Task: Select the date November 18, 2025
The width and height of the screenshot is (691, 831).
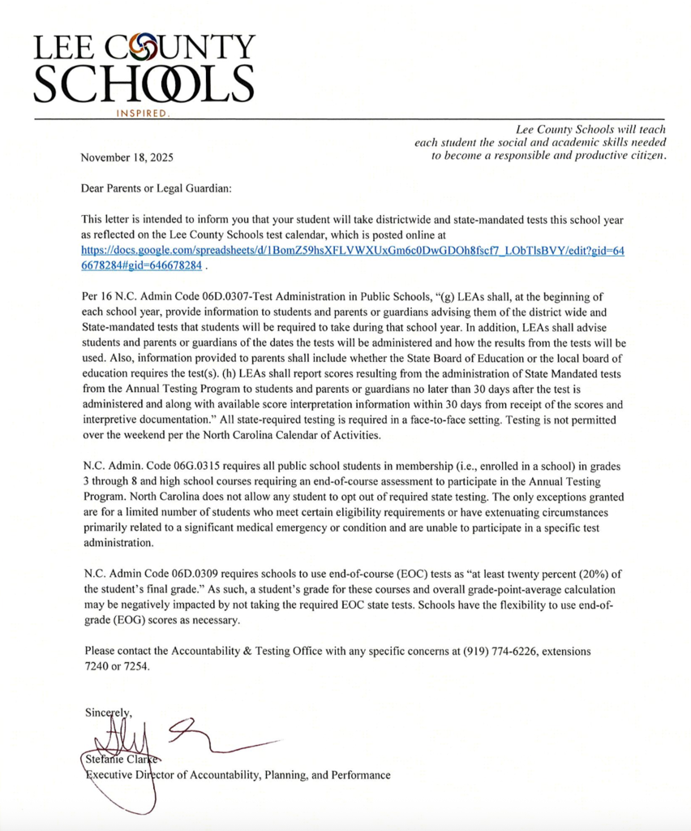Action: tap(127, 157)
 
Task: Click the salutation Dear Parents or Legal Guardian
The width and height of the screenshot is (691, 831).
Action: tap(157, 188)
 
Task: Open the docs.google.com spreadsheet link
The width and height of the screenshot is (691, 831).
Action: tap(353, 251)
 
